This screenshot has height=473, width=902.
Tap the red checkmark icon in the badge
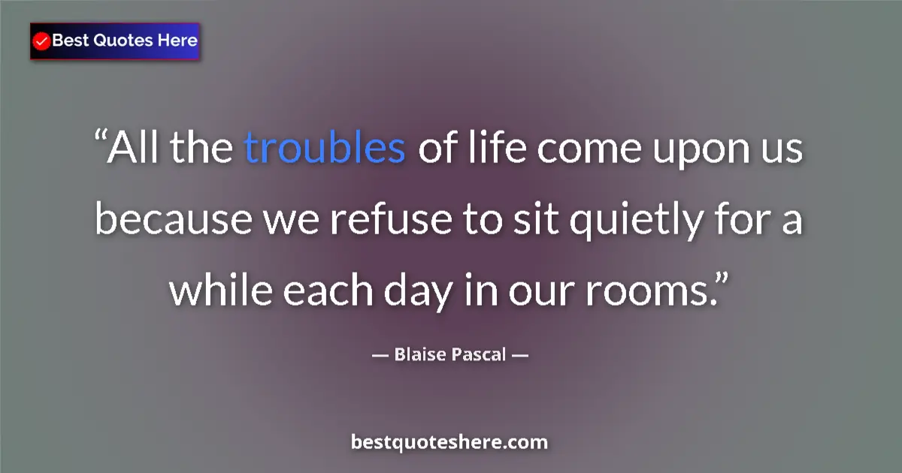pyautogui.click(x=42, y=41)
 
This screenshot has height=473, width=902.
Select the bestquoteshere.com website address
pyautogui.click(x=449, y=442)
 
